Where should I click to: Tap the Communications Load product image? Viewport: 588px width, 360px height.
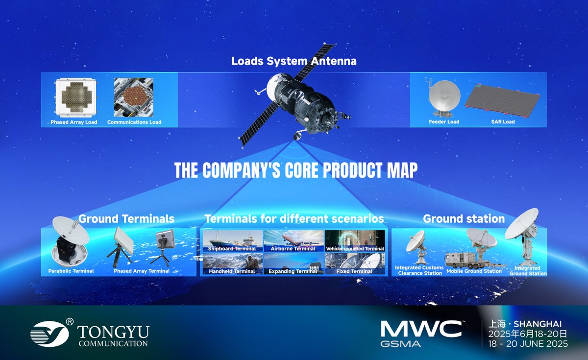(x=134, y=97)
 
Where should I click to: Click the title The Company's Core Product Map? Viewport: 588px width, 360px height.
(x=296, y=170)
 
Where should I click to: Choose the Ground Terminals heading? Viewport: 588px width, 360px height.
(x=126, y=218)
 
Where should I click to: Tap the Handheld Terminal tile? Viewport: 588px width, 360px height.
(x=232, y=264)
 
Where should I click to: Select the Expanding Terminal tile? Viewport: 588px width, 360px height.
(x=294, y=264)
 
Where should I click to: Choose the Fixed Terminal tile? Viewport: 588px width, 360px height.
(x=355, y=264)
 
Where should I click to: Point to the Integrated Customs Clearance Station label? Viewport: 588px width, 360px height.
(x=419, y=270)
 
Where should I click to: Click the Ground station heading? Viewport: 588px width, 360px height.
(x=464, y=218)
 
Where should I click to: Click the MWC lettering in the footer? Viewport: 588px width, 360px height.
(x=421, y=329)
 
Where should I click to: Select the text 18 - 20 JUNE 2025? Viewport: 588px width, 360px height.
(x=526, y=344)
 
